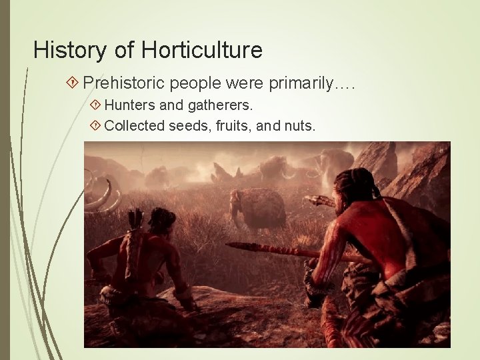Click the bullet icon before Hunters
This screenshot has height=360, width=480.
click(95, 105)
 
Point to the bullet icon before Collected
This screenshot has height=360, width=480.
click(95, 124)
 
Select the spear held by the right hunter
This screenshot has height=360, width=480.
click(273, 249)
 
